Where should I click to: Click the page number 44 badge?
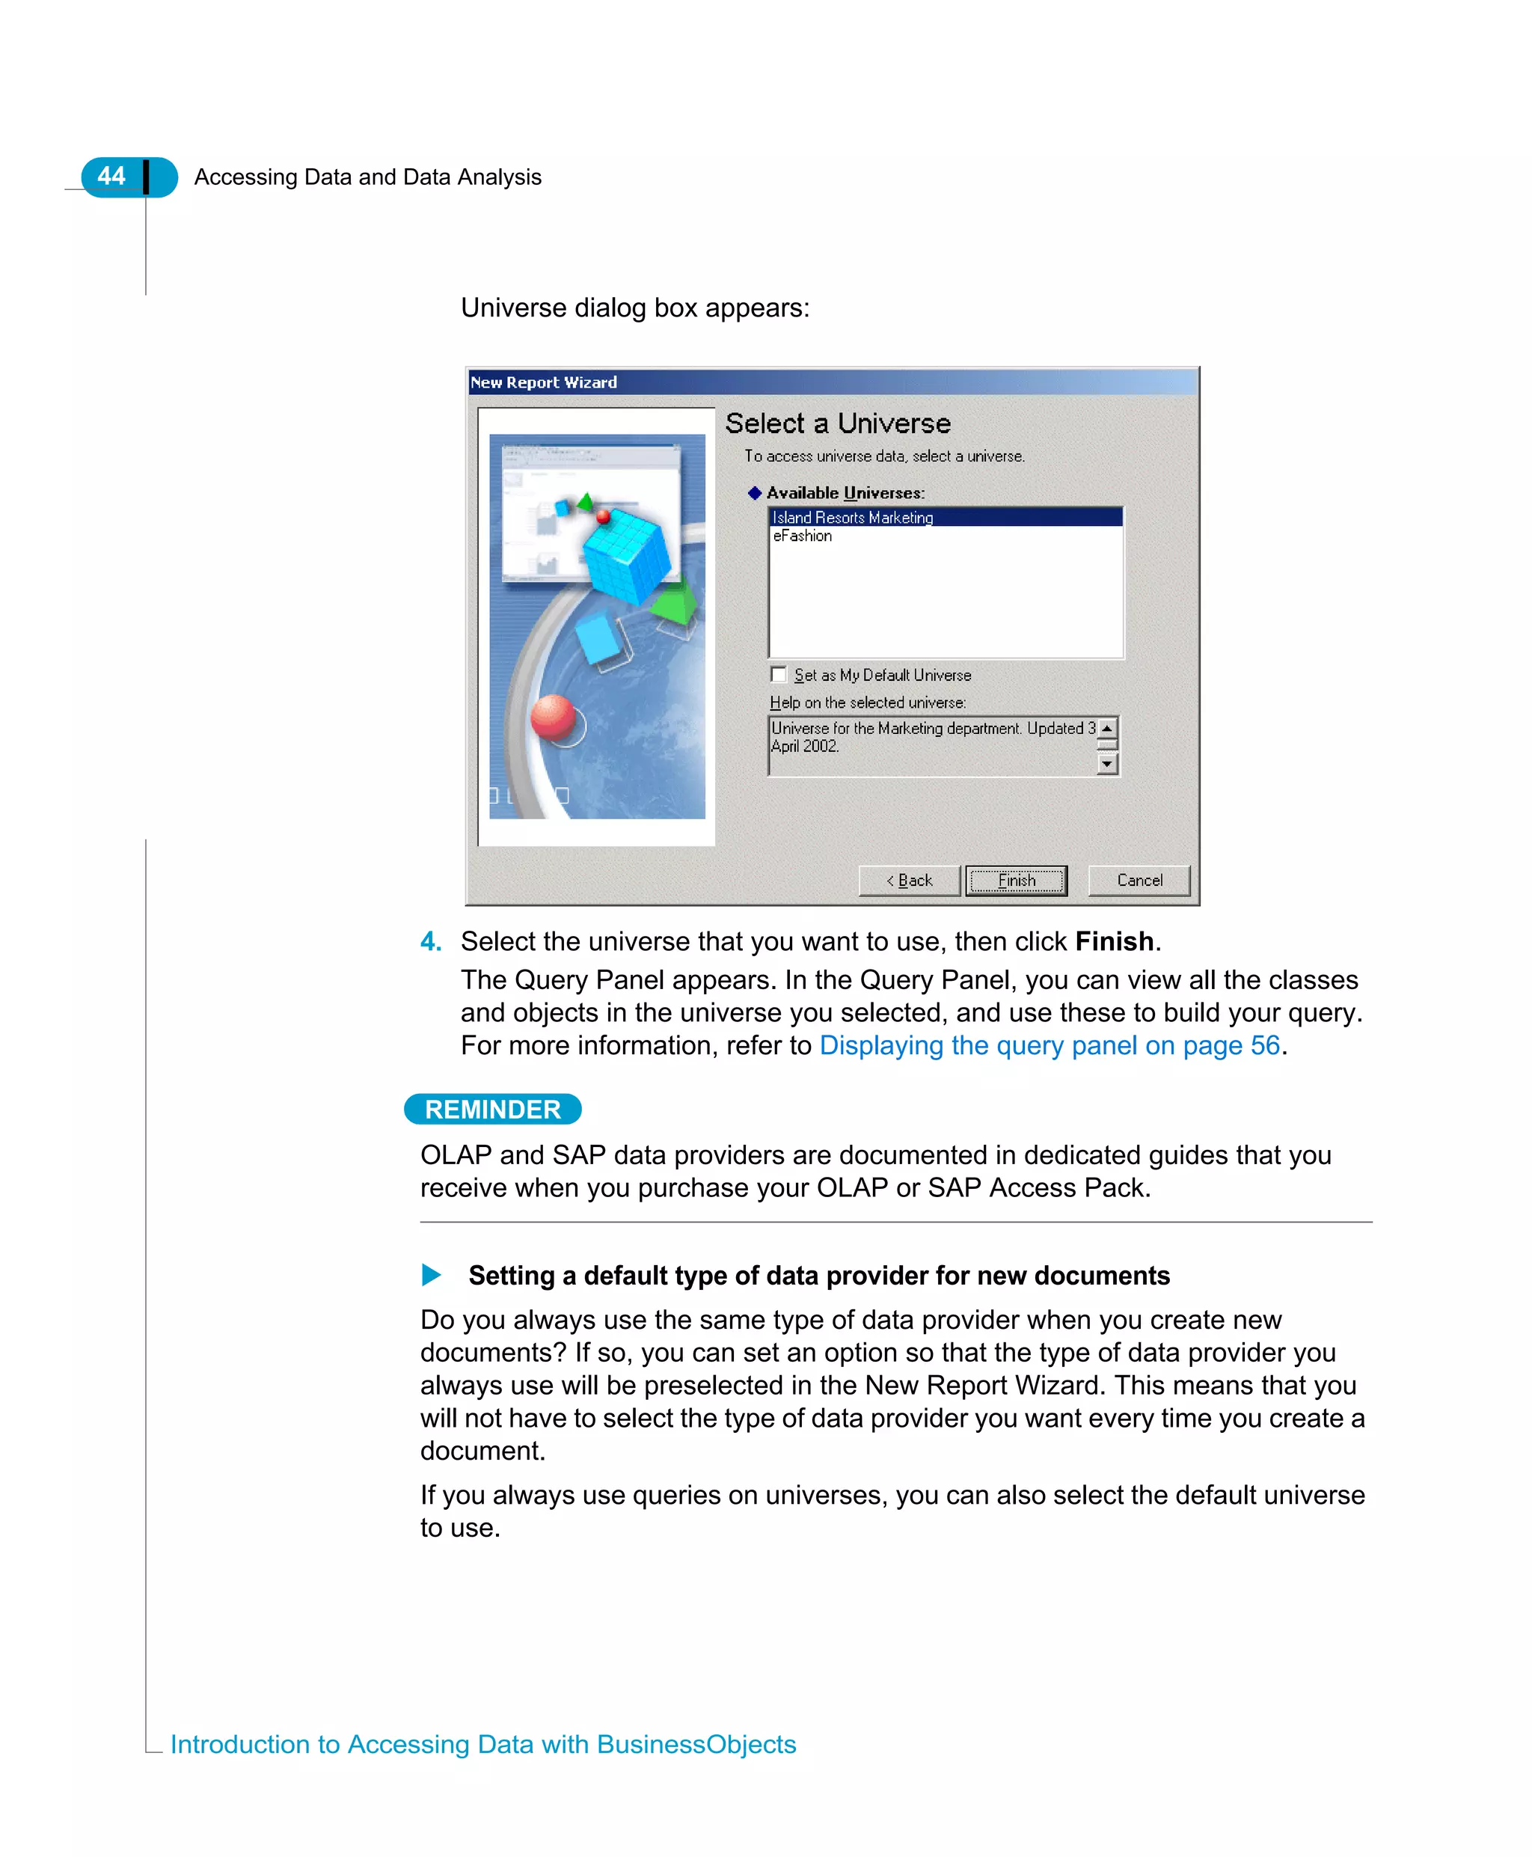coord(112,176)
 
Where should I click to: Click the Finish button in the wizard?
coord(1016,880)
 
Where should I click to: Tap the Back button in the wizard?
coord(909,880)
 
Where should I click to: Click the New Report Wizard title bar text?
coord(544,382)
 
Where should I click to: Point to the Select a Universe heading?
coord(838,423)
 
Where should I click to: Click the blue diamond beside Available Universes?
coord(755,492)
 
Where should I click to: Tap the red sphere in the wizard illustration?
coord(554,716)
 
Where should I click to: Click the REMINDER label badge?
coord(492,1110)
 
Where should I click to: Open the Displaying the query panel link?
coord(1050,1045)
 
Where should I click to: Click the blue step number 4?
coord(431,942)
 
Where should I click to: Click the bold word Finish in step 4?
coord(1114,942)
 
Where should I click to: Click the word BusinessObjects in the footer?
coord(696,1744)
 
